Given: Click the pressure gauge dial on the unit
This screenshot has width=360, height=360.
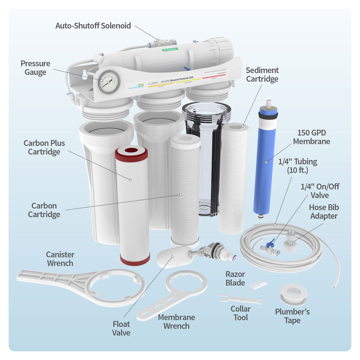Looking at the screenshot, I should click(109, 82).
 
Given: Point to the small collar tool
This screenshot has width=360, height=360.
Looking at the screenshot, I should click(240, 300).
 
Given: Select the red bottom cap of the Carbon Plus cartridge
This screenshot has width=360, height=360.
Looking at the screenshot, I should click(135, 259).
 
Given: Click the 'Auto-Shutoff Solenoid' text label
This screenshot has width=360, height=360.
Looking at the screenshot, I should click(93, 26).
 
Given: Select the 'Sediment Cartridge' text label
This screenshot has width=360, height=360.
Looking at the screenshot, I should click(262, 75).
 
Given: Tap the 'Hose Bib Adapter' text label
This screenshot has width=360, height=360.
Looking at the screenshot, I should click(323, 212).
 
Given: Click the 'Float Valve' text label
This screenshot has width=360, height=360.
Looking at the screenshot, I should click(121, 328).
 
